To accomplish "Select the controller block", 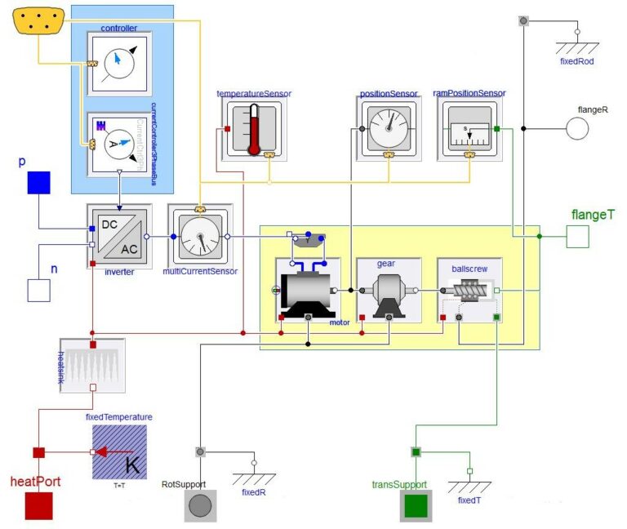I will (x=119, y=64).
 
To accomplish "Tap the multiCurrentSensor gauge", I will (x=201, y=235).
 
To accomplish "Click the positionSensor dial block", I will (x=389, y=128).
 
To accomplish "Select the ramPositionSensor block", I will (x=469, y=128).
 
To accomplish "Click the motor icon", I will (x=307, y=291).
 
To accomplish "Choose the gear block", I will (x=388, y=291).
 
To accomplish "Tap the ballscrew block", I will (x=469, y=291).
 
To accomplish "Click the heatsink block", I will (x=92, y=366).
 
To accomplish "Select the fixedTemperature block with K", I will (x=119, y=451).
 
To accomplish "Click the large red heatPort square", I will (x=38, y=505).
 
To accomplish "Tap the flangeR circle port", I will (x=577, y=129).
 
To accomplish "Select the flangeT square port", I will (x=577, y=237).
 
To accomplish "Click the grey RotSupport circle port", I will (x=199, y=506).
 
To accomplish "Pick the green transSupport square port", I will (x=415, y=506).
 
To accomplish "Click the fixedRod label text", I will (x=576, y=60).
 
